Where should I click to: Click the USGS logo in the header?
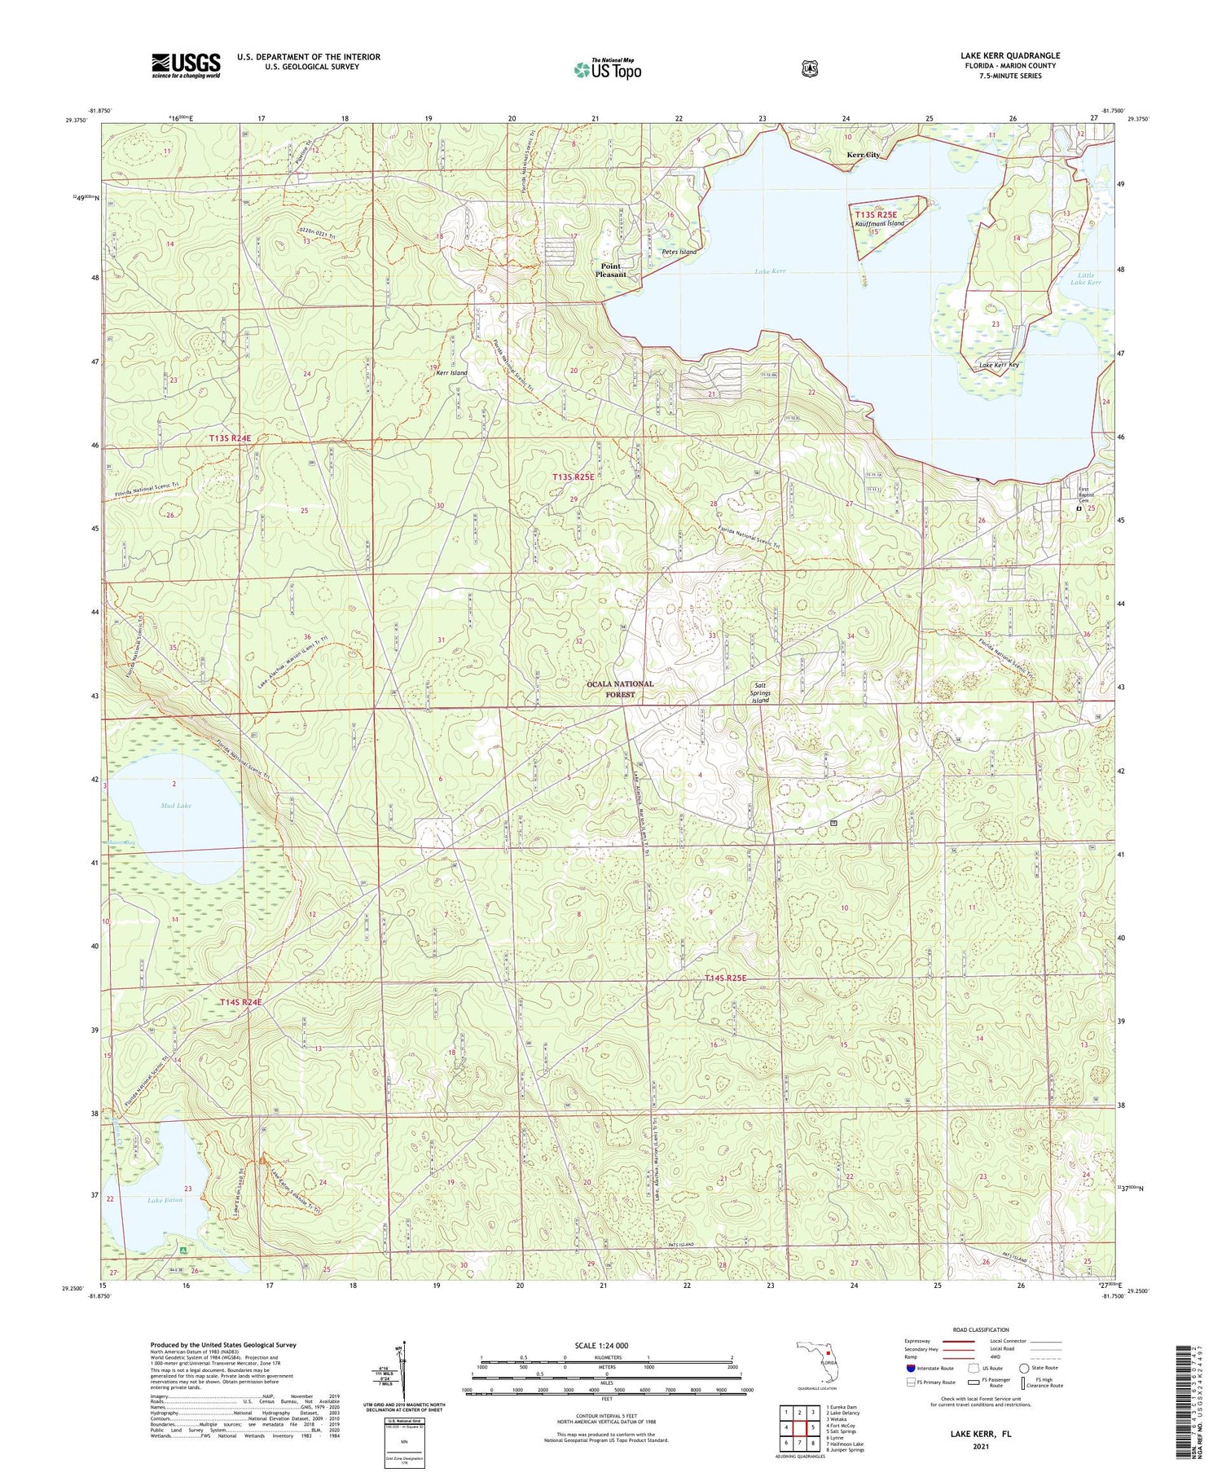pyautogui.click(x=186, y=65)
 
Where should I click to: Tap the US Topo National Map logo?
pyautogui.click(x=607, y=69)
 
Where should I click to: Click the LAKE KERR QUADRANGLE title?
pyautogui.click(x=1009, y=55)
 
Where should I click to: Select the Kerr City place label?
pyautogui.click(x=863, y=154)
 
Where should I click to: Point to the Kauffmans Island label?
pyautogui.click(x=880, y=223)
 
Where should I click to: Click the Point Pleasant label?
pyautogui.click(x=610, y=270)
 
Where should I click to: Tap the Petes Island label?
pyautogui.click(x=679, y=252)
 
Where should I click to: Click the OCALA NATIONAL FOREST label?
pyautogui.click(x=620, y=688)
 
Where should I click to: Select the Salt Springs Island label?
pyautogui.click(x=760, y=692)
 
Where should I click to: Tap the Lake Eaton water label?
pyautogui.click(x=165, y=1200)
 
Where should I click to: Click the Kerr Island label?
pyautogui.click(x=451, y=372)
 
